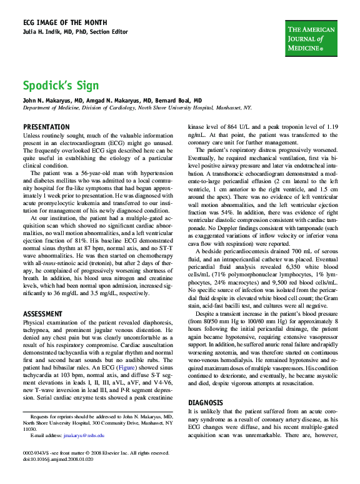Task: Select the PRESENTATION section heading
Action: pyautogui.click(x=46, y=127)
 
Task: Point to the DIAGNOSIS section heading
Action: pyautogui.click(x=206, y=403)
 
